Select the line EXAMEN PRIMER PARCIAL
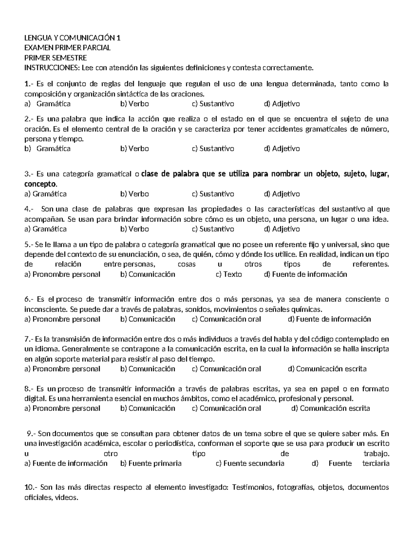click(x=68, y=48)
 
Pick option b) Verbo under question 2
click(x=135, y=149)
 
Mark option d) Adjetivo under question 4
click(x=282, y=229)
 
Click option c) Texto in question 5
click(x=229, y=274)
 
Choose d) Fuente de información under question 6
click(x=329, y=319)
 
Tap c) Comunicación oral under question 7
click(x=226, y=369)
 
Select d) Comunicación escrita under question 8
click(x=331, y=409)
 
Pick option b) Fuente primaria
click(x=151, y=464)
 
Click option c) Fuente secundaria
click(x=250, y=464)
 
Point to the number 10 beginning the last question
click(x=29, y=488)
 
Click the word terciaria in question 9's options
click(x=376, y=464)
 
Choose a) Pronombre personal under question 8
click(x=62, y=409)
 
